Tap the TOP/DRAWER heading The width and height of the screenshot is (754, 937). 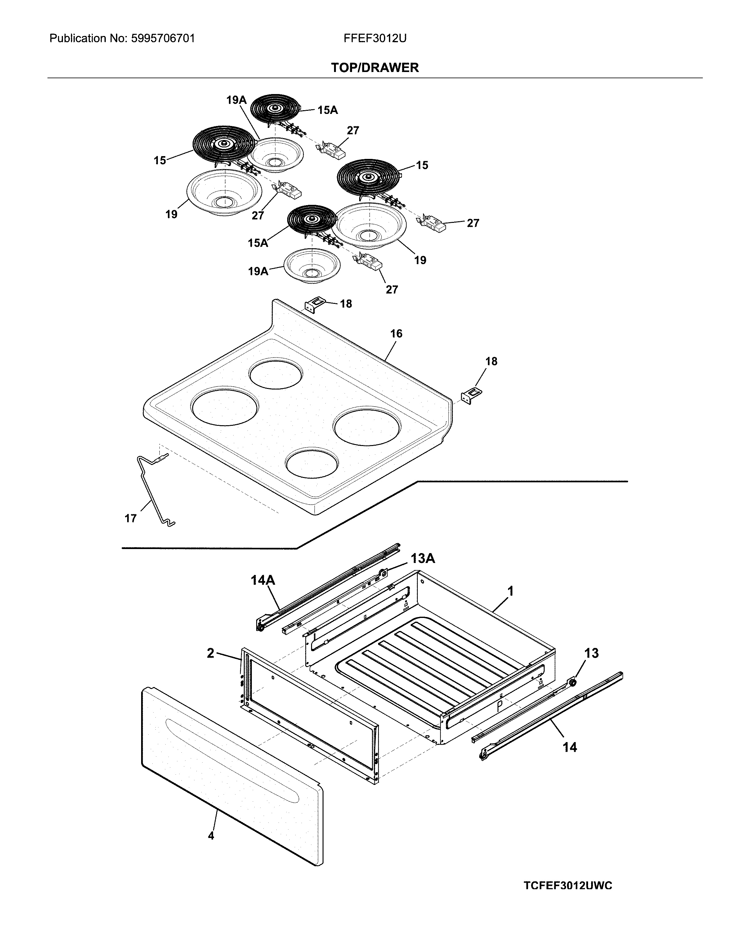coord(375,67)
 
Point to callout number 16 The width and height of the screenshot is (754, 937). coord(396,333)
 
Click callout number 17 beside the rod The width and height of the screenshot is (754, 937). coord(130,519)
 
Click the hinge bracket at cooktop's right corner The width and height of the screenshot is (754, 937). coord(471,396)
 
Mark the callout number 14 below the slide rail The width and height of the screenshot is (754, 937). coord(570,747)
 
